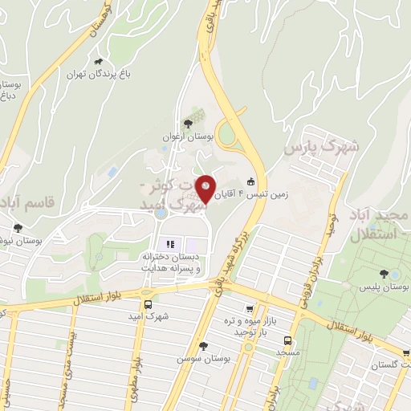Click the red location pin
point(206,189)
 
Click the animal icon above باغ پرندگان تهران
point(99,61)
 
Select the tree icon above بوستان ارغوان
point(188,124)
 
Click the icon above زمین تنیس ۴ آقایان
point(251,181)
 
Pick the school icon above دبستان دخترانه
point(169,244)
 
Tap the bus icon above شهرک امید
point(147,304)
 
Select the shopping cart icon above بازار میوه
point(251,308)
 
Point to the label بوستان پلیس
point(385,287)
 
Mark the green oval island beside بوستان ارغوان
point(230,133)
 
